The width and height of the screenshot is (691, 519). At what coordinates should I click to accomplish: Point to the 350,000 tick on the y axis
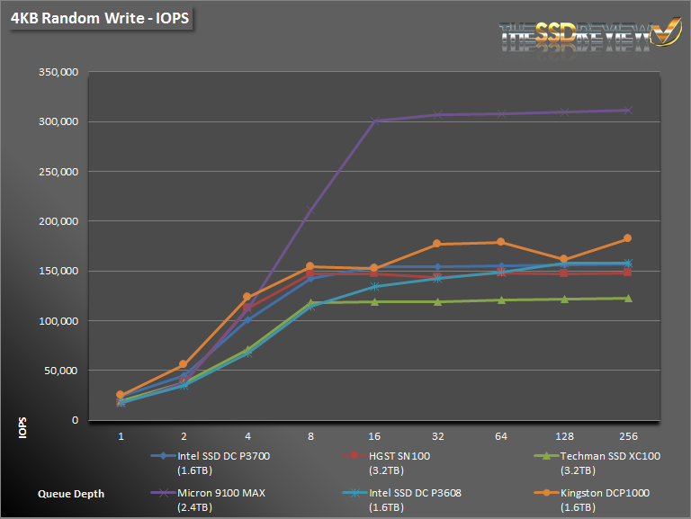click(58, 72)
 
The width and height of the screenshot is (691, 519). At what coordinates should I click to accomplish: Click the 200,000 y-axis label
click(58, 221)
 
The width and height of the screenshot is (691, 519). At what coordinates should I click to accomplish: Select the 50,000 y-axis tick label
click(61, 371)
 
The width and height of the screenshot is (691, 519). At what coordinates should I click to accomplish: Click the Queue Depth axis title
click(71, 493)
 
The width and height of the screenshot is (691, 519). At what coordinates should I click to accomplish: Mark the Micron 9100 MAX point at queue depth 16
click(374, 121)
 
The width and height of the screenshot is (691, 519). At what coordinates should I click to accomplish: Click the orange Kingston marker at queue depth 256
click(627, 238)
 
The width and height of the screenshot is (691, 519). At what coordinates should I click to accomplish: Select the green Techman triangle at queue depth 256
click(627, 298)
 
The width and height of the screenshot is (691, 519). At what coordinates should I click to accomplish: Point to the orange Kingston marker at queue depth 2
click(183, 364)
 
